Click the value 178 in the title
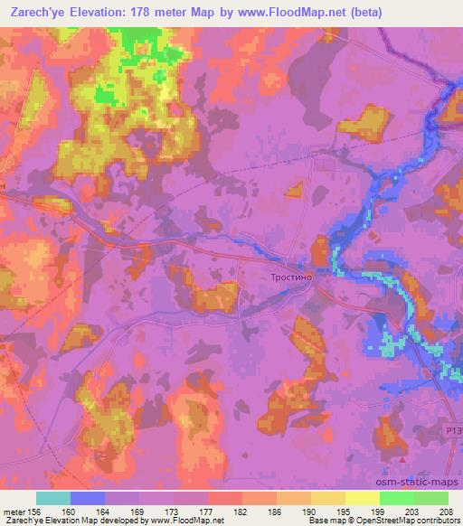[x=142, y=13]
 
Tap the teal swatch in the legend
[x=52, y=498]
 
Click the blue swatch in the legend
[x=87, y=498]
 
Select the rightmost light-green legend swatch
[x=431, y=498]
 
